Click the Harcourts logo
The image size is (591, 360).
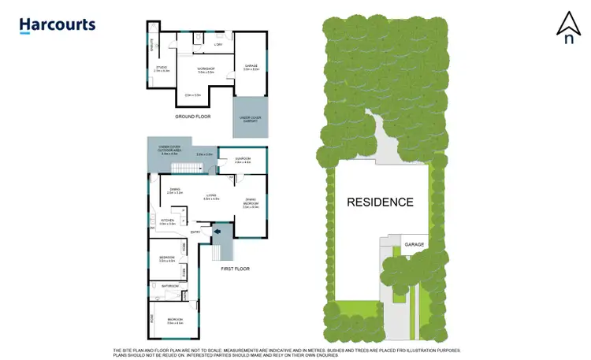coord(57,25)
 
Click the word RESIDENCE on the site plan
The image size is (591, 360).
coord(380,202)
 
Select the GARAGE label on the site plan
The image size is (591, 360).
coord(414,244)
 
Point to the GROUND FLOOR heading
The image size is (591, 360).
coord(193,116)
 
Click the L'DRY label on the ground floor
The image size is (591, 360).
coord(218,44)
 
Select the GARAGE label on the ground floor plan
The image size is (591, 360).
coord(251,67)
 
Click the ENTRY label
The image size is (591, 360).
coord(196,232)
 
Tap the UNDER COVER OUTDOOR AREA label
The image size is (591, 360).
coord(172,150)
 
